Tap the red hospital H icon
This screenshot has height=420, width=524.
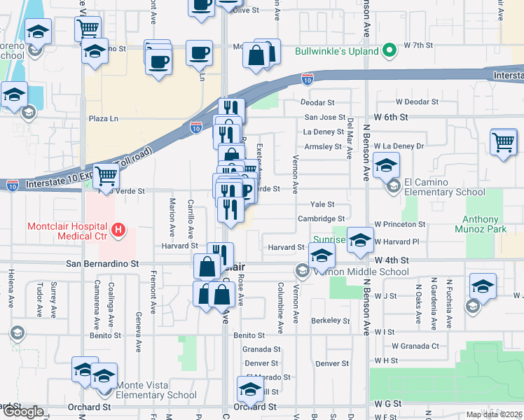pos(118,229)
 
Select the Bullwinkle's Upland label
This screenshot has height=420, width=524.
pos(336,51)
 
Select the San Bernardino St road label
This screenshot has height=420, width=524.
pos(102,264)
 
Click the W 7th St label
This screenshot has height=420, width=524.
pos(419,45)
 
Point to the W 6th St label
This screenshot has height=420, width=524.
pos(391,117)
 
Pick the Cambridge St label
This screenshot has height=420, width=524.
pos(321,218)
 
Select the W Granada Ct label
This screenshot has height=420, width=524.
pos(415,346)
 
